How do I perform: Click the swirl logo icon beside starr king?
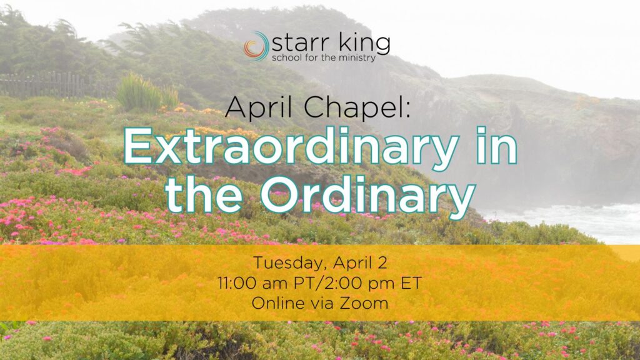click(256, 46)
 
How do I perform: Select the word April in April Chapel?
click(258, 107)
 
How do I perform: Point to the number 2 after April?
click(382, 262)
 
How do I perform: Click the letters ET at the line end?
click(411, 283)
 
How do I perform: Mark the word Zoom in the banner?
click(364, 303)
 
